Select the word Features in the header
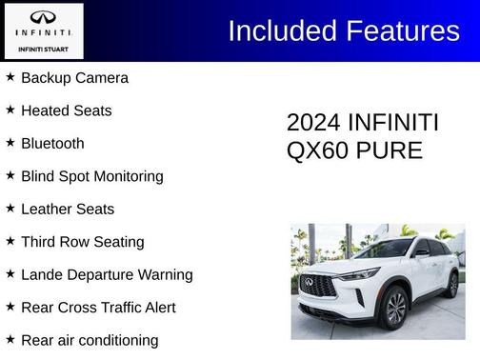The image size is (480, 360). tap(403, 30)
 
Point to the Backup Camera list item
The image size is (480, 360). tap(74, 78)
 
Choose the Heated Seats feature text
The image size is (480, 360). tap(66, 110)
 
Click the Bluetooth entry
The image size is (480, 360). tap(52, 144)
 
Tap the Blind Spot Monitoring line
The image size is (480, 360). tap(91, 176)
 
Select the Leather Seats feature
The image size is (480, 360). tap(67, 210)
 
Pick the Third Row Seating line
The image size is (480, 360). tap(82, 242)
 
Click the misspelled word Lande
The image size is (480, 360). tap(44, 275)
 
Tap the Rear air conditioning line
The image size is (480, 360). tap(90, 340)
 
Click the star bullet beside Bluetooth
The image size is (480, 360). tap(10, 143)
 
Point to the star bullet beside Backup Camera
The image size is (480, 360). tap(10, 77)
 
